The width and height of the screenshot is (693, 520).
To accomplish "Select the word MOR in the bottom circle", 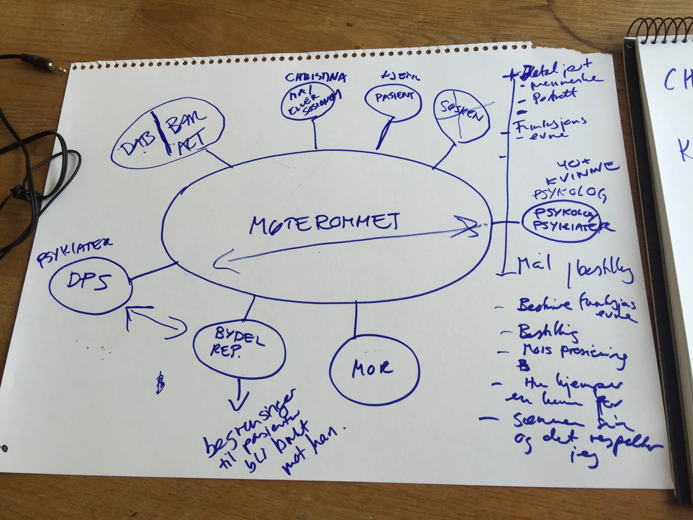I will (x=372, y=369).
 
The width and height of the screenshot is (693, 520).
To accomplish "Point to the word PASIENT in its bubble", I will (x=394, y=97).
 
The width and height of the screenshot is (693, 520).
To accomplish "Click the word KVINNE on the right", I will (x=581, y=177).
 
